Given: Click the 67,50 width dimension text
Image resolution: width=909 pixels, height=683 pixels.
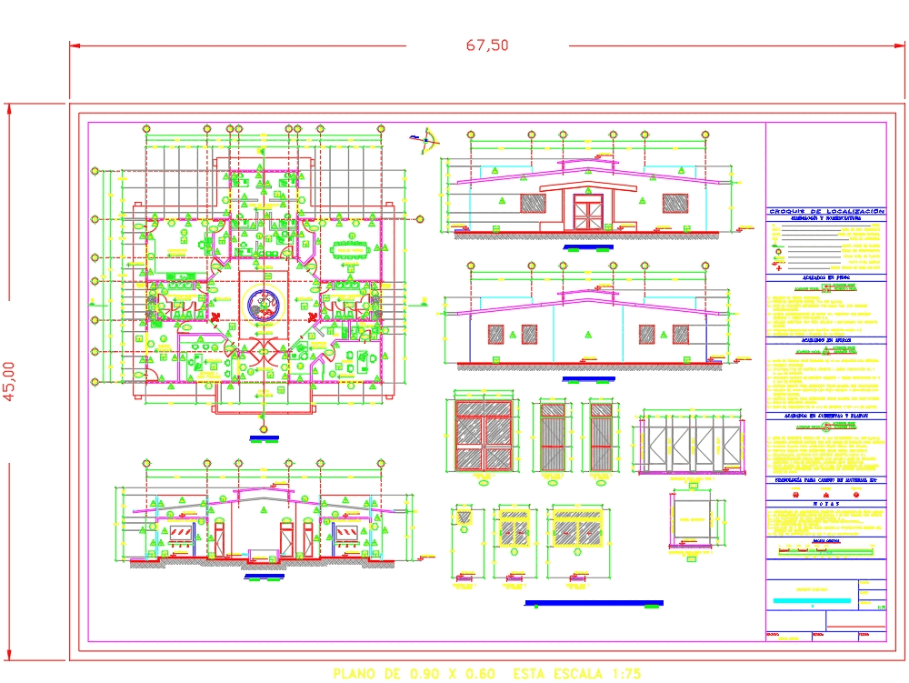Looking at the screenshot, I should [x=487, y=45].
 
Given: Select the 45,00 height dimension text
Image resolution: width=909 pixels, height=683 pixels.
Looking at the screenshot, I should [x=10, y=380].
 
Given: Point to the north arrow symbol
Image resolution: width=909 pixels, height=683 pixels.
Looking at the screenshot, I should [x=425, y=138].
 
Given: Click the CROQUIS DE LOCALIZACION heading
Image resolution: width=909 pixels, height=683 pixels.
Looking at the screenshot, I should [x=825, y=211].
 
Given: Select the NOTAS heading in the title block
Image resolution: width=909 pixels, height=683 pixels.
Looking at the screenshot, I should [x=825, y=502].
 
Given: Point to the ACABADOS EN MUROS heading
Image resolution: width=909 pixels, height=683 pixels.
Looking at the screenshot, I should [x=825, y=338].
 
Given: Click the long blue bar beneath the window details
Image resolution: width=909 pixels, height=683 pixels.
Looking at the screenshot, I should [x=594, y=602].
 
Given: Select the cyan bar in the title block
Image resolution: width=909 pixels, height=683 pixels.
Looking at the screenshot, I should [x=812, y=600].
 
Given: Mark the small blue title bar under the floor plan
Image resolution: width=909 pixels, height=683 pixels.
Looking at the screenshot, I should [x=264, y=439].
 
